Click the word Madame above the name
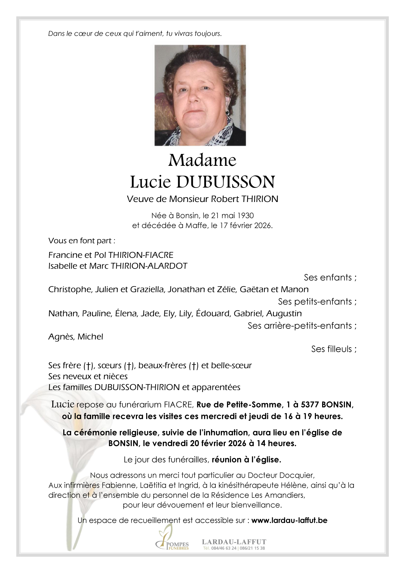(202, 161)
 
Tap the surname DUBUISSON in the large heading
(225, 182)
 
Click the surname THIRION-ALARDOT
(149, 266)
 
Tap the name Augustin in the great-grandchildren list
(284, 314)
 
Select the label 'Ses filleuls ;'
(334, 349)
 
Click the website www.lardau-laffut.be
(289, 521)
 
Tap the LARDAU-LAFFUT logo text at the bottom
(234, 542)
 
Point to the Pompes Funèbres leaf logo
(165, 537)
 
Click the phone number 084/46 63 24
(224, 548)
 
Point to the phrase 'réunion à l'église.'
(246, 460)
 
